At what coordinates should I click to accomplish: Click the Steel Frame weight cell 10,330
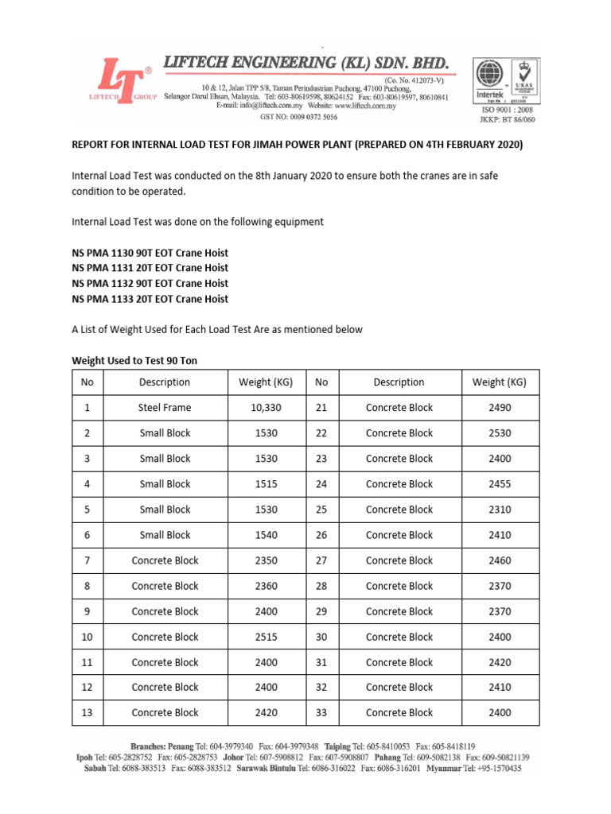pos(266,408)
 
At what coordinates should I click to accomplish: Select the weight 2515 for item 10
pos(266,637)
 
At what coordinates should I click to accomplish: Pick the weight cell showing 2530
pos(500,433)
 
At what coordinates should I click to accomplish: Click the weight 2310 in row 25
pos(500,510)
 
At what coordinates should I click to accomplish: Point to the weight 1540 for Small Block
pos(266,535)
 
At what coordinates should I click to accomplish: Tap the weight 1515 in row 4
pos(266,484)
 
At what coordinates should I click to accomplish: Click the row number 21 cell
pos(321,408)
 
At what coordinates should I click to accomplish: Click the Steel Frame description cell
pos(165,408)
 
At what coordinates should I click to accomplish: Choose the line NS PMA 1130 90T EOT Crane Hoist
pos(150,252)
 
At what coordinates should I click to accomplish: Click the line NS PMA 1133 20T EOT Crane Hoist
pos(150,299)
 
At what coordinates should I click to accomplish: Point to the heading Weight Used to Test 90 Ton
pos(134,361)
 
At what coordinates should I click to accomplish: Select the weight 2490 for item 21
pos(500,408)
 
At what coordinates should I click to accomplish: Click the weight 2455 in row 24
pos(500,484)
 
